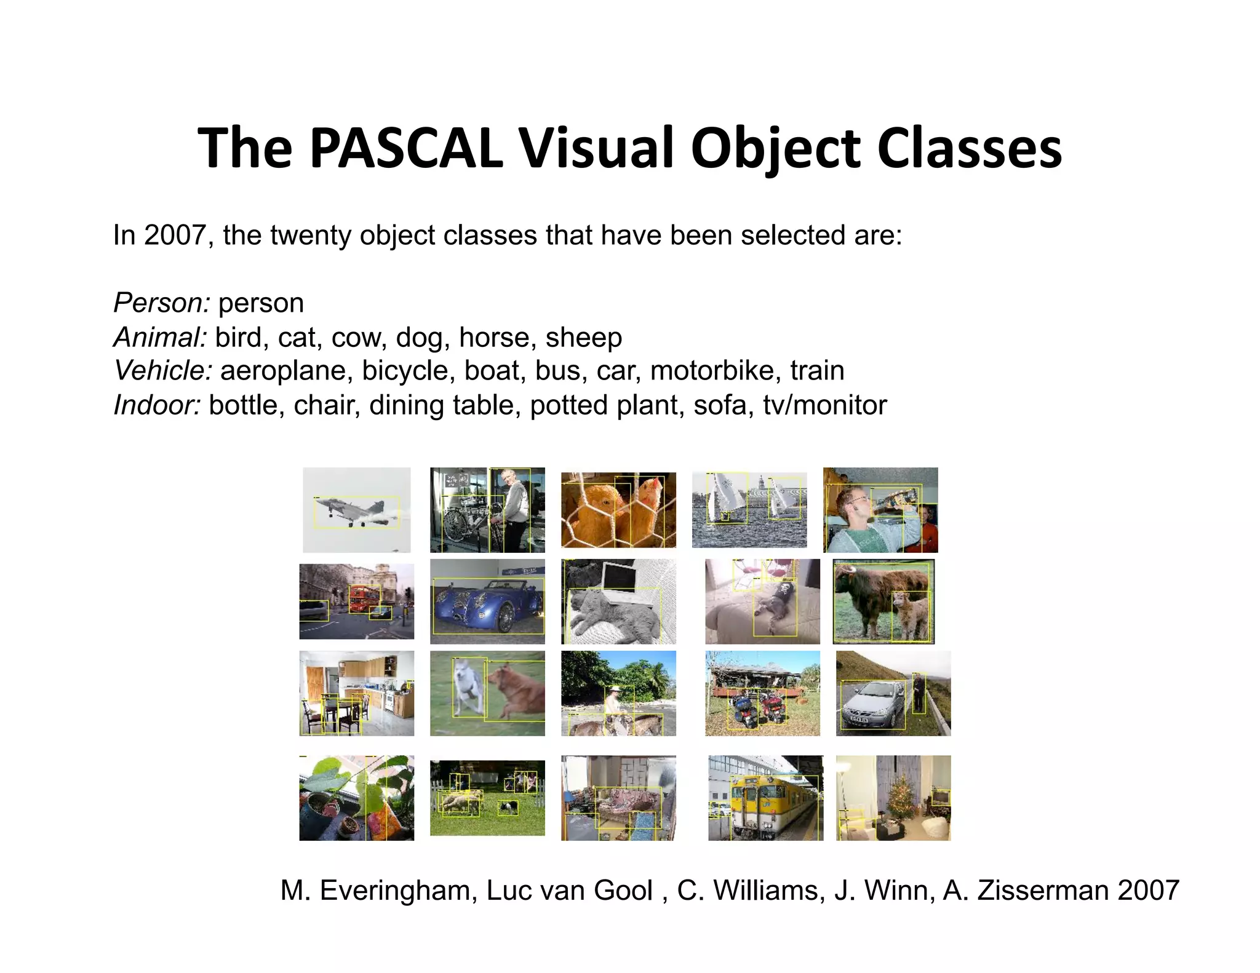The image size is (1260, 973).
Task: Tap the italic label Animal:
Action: pos(160,337)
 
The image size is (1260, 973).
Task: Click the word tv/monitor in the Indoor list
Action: pos(824,405)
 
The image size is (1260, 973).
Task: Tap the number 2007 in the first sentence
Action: pos(175,235)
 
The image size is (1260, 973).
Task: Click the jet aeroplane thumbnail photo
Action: pos(356,510)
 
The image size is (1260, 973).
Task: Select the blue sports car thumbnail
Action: pos(487,602)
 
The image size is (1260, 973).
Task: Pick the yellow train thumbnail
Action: pos(765,798)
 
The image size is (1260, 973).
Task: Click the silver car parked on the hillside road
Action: pos(872,704)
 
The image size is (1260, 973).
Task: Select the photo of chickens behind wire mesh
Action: pos(618,510)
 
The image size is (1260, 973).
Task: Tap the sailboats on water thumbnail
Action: pos(749,510)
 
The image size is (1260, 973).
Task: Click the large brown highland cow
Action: pos(874,594)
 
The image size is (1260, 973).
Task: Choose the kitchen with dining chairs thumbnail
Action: pos(356,693)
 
